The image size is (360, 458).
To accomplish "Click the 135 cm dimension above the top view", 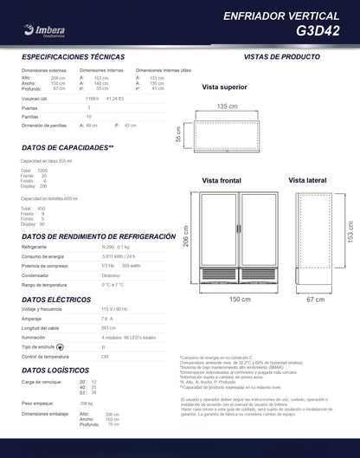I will (227, 106).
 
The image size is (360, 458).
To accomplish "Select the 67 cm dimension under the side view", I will (315, 299).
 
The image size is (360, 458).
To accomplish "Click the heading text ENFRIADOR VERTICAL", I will (293, 16).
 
